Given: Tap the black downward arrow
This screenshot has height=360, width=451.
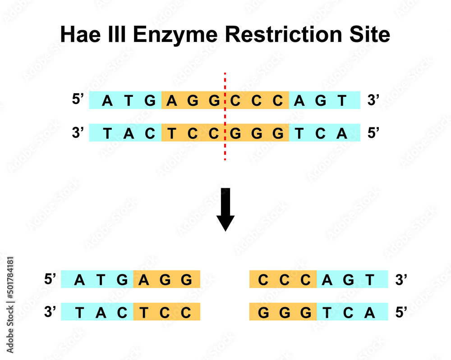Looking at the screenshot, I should coord(225,210).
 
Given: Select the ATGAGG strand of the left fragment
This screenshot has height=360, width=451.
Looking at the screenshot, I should coord(130,279).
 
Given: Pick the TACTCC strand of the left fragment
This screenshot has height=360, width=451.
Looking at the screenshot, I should coord(130,311).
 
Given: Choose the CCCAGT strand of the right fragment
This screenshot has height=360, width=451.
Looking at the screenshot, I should coord(318,279).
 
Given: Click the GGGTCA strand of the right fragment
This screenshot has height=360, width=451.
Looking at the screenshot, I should coord(318,311).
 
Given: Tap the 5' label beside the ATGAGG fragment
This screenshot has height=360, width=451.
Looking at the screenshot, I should coord(50,279).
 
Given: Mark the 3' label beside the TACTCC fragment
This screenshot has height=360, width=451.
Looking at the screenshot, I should coord(50,311).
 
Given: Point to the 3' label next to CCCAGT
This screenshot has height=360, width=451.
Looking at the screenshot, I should coord(401,279).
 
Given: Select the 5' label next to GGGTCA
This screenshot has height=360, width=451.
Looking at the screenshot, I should coord(401,311).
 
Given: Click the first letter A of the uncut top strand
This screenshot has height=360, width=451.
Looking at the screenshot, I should coord(107,100).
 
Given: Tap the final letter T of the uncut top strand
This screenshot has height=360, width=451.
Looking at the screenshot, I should coord(342,100).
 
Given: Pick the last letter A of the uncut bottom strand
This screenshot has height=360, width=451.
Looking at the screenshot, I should coord(342,133).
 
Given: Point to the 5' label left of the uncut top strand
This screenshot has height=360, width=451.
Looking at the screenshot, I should coord(78,100).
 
